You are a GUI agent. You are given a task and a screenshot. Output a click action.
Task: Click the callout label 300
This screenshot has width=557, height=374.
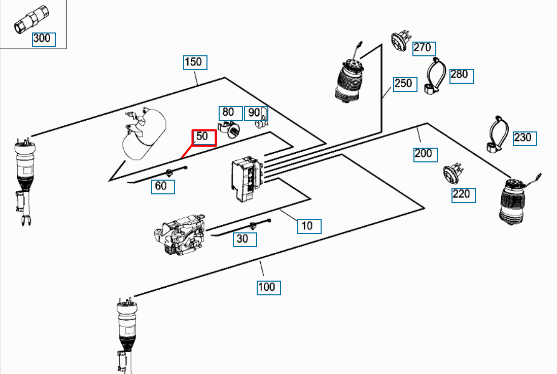pos(44,39)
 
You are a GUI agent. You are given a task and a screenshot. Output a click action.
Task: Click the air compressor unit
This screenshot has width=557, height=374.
pos(180,233)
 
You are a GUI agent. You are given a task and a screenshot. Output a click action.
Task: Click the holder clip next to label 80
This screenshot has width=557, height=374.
pos(231,129)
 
